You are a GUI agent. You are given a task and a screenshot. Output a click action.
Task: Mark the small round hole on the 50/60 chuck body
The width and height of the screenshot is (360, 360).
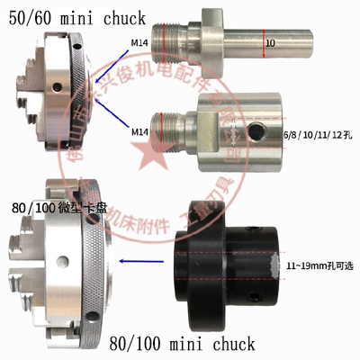pyautogui.click(x=56, y=88)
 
